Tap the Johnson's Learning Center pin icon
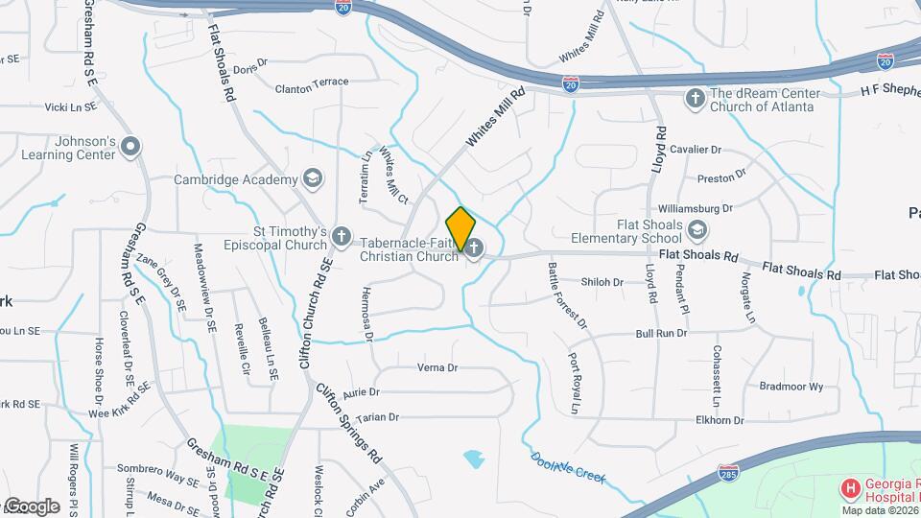(x=131, y=148)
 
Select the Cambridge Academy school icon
(x=312, y=177)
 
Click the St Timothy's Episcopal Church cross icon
(x=342, y=237)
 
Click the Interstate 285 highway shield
(x=727, y=473)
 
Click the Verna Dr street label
(x=437, y=367)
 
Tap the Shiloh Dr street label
(x=602, y=282)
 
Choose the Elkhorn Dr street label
(x=721, y=419)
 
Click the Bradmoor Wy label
(x=791, y=387)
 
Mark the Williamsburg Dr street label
(x=696, y=208)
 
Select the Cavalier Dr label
(x=695, y=151)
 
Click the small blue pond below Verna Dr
(x=473, y=459)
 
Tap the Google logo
(x=31, y=506)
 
